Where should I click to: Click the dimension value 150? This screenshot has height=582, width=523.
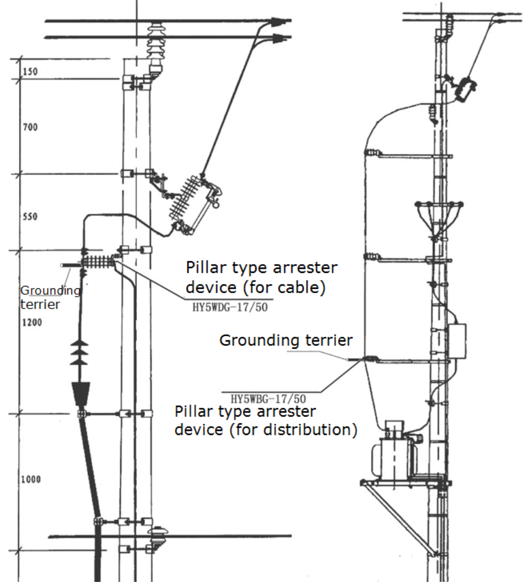[x=30, y=72]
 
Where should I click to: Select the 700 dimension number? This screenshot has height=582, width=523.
[x=30, y=128]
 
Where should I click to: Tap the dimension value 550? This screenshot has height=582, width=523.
[x=30, y=216]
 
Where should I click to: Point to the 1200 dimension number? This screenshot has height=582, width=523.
[x=32, y=322]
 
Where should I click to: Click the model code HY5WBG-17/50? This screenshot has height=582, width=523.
[x=268, y=399]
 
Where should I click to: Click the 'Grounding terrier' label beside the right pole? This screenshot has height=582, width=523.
[x=286, y=340]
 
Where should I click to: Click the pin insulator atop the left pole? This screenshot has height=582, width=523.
[x=155, y=46]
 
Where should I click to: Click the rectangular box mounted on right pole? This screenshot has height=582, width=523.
[x=457, y=341]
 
